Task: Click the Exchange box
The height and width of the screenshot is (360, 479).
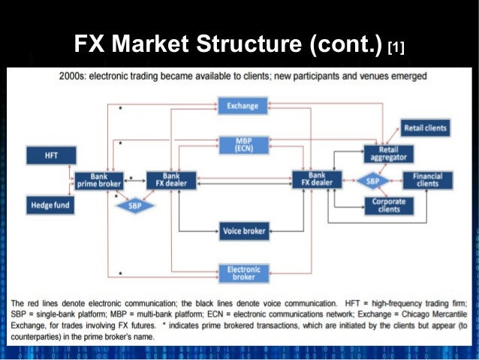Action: [243, 107]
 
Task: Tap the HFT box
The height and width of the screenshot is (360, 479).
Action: [51, 155]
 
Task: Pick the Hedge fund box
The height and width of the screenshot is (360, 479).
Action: [51, 204]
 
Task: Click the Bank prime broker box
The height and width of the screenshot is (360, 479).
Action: [99, 180]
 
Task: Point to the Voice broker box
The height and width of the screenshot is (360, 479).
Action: [244, 231]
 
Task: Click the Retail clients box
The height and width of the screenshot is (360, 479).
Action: [425, 128]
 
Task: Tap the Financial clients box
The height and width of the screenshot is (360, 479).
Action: [428, 180]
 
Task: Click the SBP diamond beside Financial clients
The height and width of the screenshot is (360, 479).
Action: [373, 181]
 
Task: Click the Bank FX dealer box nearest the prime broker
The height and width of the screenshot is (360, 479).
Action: [170, 180]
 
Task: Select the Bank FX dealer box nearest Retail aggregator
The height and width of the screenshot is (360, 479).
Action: [317, 180]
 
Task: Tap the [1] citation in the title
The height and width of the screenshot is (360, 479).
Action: [396, 49]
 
